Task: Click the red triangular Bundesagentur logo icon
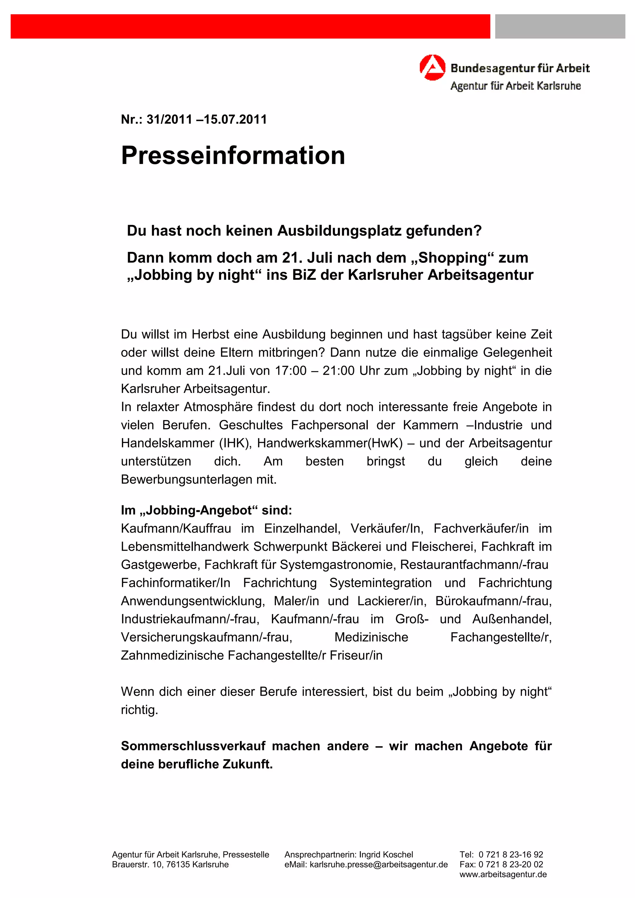click(x=432, y=68)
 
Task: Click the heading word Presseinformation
click(x=233, y=155)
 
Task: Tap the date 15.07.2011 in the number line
click(x=235, y=119)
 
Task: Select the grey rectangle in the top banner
click(x=560, y=26)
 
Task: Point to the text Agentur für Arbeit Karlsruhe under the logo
click(x=515, y=86)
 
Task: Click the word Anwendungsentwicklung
click(x=193, y=601)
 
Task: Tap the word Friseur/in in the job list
click(x=356, y=655)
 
